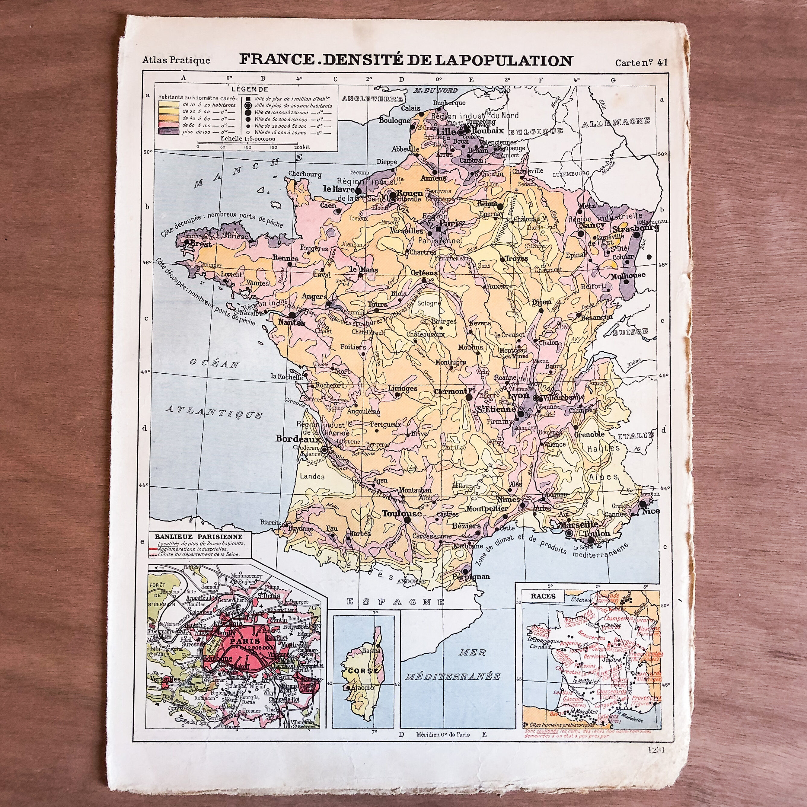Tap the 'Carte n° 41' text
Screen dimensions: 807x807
(641, 63)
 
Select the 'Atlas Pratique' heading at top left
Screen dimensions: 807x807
(176, 60)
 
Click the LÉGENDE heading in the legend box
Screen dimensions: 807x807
(250, 89)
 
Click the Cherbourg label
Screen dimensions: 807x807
(305, 174)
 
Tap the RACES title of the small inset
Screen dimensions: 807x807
(543, 596)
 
